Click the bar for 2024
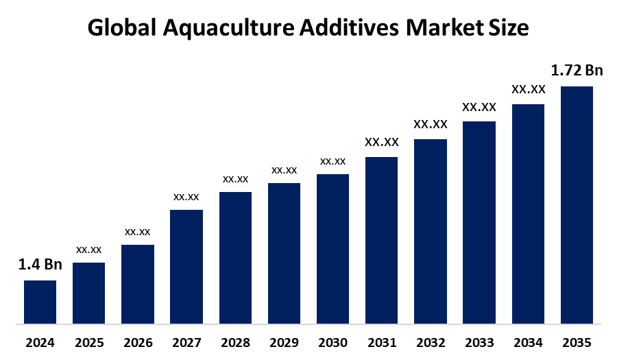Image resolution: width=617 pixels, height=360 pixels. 40,302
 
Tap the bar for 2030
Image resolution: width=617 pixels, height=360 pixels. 332,248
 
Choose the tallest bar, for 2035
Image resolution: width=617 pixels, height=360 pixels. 577,204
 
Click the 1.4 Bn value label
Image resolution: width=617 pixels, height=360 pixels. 40,265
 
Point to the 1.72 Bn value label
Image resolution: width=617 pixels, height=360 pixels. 577,70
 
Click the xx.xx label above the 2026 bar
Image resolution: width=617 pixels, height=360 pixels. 137,232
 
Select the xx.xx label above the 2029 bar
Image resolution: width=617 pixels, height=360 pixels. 284,169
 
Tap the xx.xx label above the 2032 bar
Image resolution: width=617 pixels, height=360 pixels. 431,124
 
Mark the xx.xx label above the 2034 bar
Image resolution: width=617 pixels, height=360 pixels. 528,89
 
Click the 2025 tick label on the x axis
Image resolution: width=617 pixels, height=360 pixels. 88,342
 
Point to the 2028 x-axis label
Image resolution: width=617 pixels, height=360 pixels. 235,342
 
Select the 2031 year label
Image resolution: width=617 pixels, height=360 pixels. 381,342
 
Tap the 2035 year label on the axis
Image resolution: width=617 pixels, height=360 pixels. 577,342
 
